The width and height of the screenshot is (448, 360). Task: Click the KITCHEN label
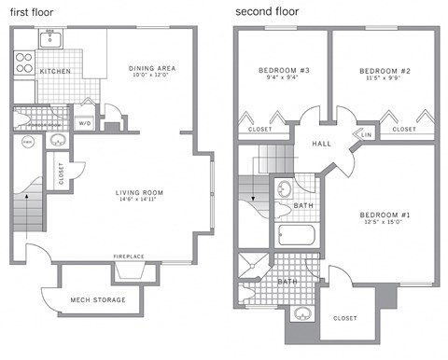(55, 72)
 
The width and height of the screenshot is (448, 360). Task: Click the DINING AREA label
(152, 68)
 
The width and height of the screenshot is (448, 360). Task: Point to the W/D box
(84, 123)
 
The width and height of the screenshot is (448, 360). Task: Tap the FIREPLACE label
(129, 256)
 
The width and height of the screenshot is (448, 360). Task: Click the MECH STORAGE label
(92, 299)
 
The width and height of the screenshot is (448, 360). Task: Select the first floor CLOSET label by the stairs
(61, 175)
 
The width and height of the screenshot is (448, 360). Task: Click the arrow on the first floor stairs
(27, 198)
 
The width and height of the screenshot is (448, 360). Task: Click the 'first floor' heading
(32, 12)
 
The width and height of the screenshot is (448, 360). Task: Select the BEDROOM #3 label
(283, 71)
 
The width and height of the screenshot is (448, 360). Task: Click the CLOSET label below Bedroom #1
(344, 318)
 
